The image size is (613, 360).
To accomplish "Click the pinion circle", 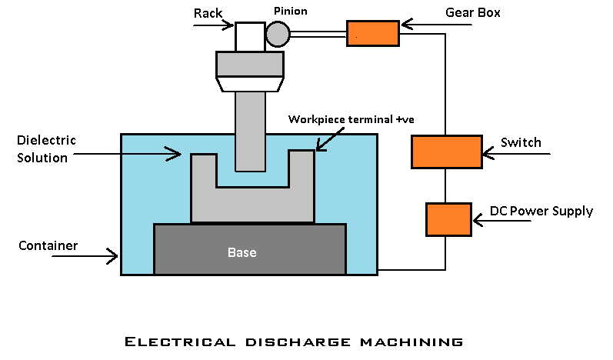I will [278, 33].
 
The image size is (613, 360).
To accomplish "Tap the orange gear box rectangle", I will [373, 33].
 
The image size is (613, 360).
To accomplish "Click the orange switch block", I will [446, 152].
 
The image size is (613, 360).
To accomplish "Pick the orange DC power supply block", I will [448, 219].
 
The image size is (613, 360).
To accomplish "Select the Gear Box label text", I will [472, 12].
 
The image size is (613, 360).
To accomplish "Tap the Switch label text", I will [521, 142].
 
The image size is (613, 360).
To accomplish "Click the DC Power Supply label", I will [541, 211].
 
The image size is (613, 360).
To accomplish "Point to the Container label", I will [48, 245].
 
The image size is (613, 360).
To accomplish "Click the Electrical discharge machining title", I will [293, 341].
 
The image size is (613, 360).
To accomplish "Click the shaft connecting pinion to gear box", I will [318, 33].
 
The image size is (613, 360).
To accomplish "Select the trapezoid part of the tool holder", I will [249, 83].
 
